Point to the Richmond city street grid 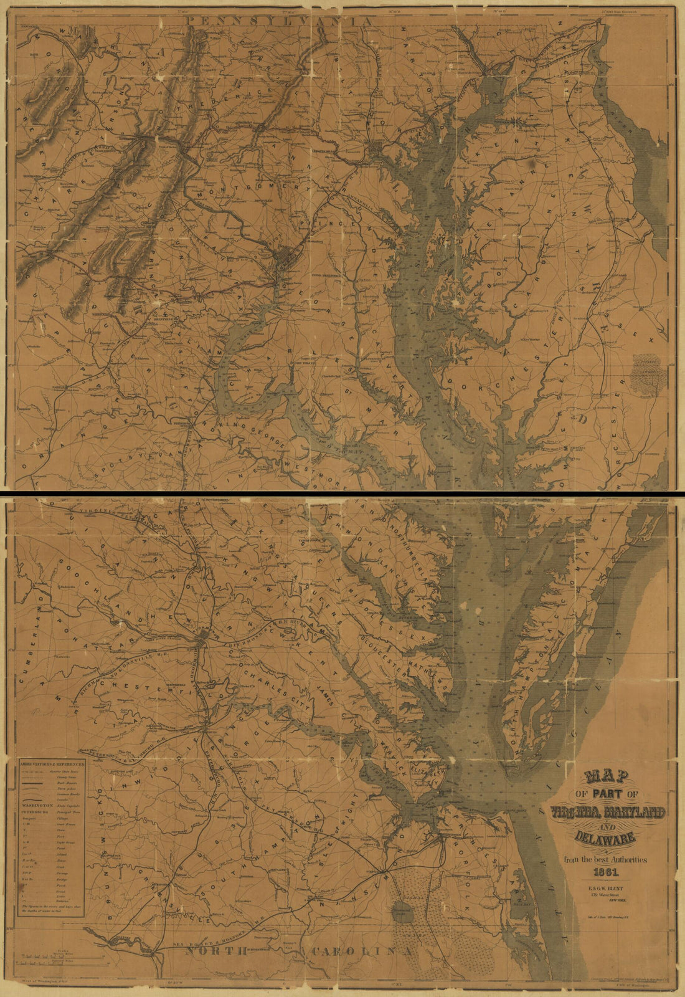point(205,637)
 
